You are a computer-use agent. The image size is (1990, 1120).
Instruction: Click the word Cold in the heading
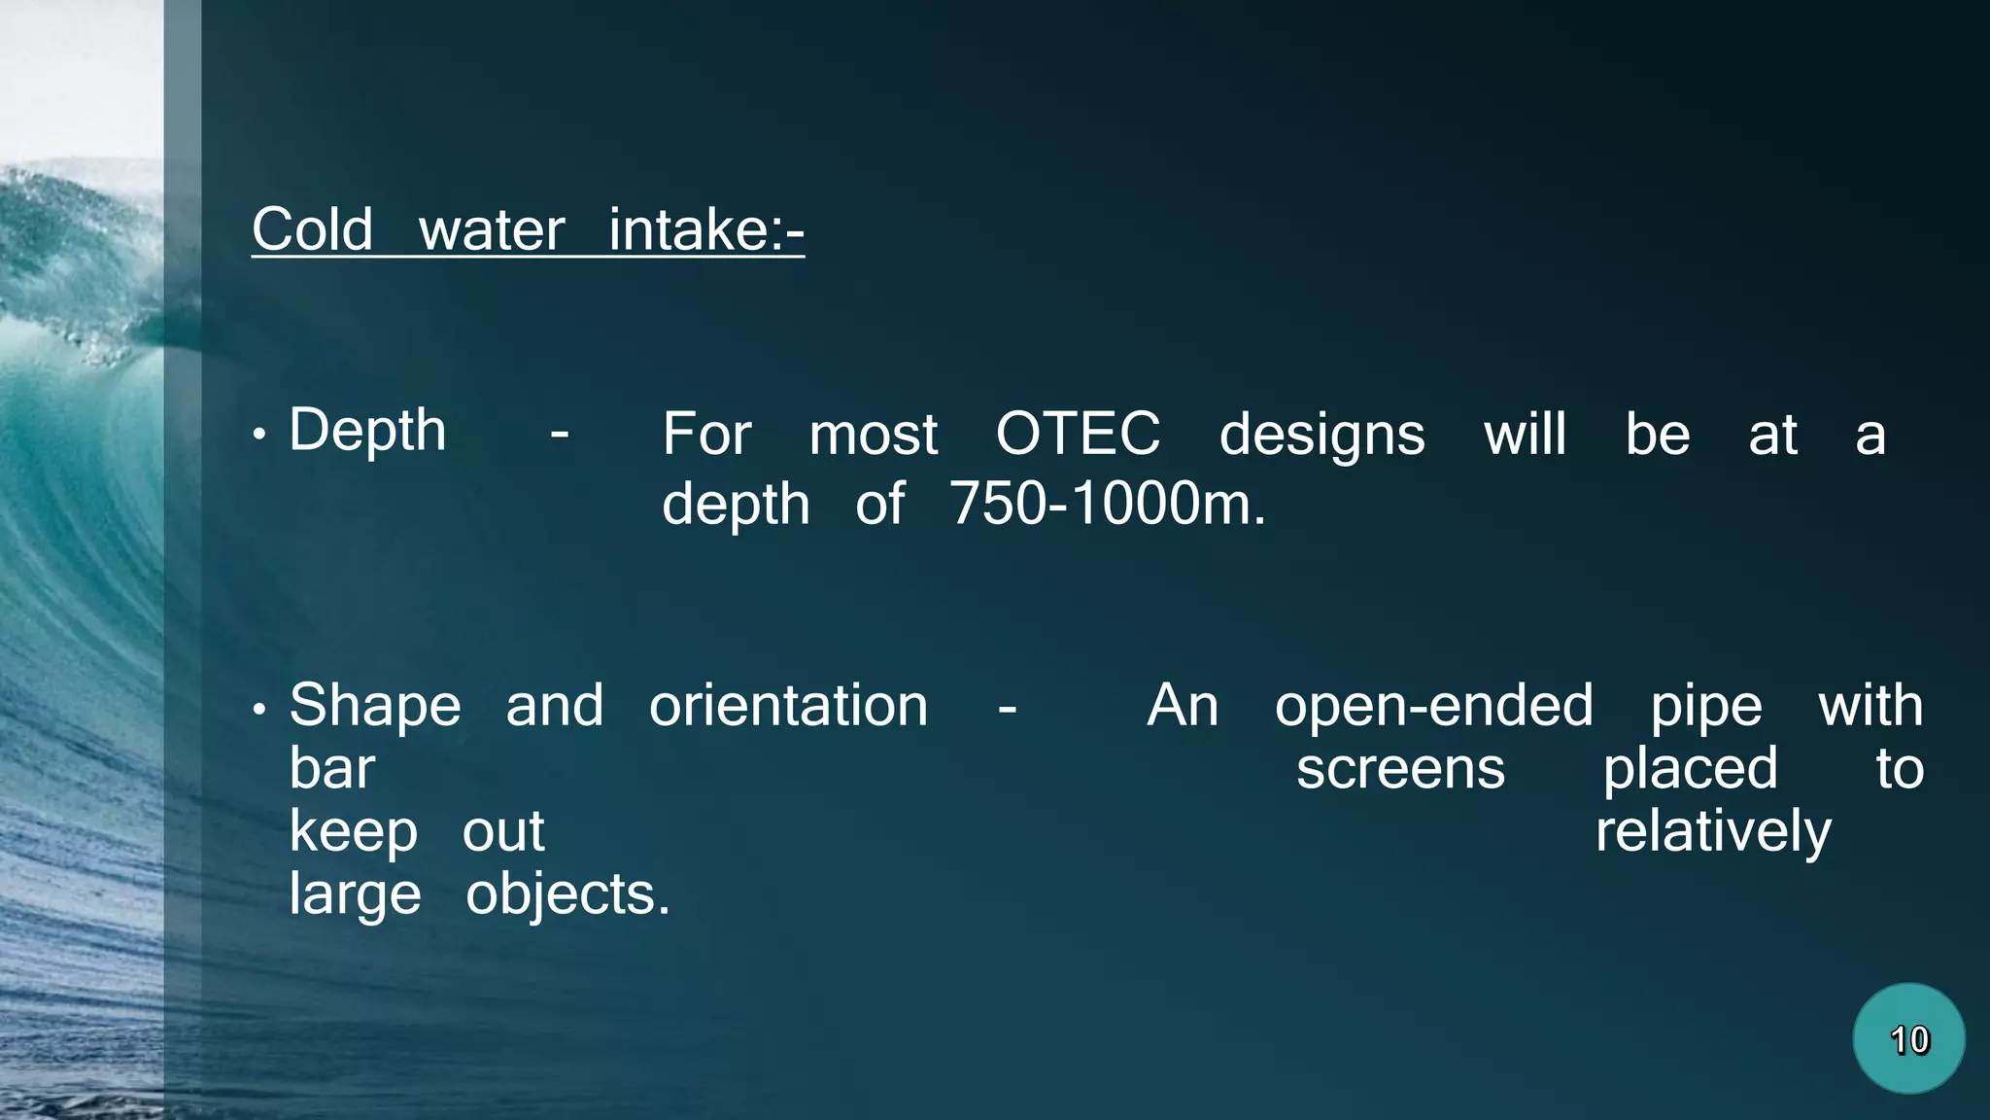click(x=312, y=230)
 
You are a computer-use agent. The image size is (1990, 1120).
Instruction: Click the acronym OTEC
click(x=1078, y=434)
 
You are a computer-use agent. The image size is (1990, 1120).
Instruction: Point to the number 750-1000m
click(x=1108, y=504)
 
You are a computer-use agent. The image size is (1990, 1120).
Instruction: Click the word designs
click(x=1321, y=435)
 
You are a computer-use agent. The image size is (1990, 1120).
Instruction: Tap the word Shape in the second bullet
click(x=375, y=706)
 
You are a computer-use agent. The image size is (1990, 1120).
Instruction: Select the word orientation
click(x=788, y=706)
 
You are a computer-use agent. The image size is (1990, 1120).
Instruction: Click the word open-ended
click(x=1433, y=706)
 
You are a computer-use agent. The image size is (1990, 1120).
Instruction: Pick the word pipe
click(x=1705, y=706)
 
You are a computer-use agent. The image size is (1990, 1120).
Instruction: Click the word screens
click(x=1400, y=769)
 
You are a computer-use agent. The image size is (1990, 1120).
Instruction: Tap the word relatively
click(x=1713, y=832)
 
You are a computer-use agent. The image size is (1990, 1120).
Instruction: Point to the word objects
click(x=567, y=894)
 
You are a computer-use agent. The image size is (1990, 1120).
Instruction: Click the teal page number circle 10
click(x=1908, y=1039)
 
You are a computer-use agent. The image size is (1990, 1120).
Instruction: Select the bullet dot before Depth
click(x=259, y=435)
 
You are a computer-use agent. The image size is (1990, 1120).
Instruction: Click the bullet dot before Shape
click(x=259, y=711)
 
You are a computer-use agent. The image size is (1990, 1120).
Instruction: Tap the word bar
click(x=331, y=769)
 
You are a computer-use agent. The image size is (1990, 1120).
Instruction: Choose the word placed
click(x=1690, y=769)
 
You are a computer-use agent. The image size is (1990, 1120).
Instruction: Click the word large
click(x=355, y=894)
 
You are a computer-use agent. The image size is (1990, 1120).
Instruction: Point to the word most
click(x=873, y=435)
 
